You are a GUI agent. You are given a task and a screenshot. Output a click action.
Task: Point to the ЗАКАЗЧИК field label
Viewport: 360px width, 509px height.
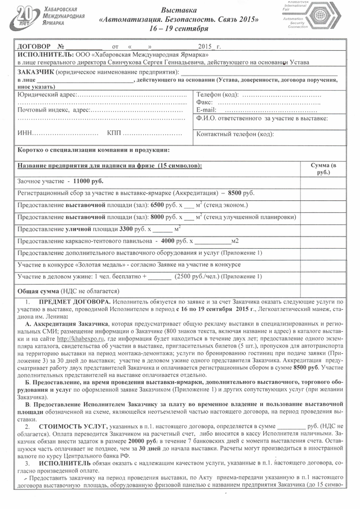click(x=36, y=71)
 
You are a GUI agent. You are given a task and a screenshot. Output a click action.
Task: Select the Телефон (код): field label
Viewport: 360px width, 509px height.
click(x=217, y=94)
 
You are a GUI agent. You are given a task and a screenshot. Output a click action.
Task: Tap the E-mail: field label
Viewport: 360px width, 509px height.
click(x=207, y=110)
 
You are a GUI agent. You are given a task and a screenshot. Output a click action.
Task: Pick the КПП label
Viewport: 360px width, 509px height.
click(x=114, y=133)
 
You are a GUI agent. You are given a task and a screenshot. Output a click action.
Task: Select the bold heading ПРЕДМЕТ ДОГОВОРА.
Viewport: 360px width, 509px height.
click(x=74, y=302)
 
